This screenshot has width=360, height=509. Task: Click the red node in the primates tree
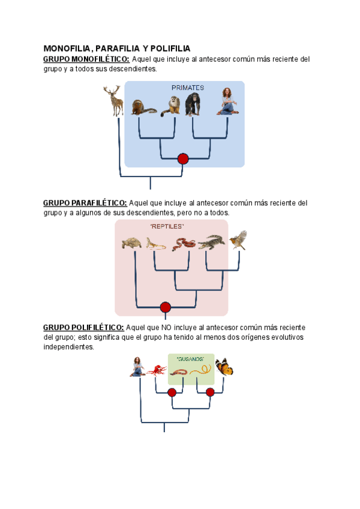pos(183,159)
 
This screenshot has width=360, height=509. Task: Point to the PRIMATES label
pos(187,88)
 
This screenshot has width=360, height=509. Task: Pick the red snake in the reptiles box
pos(183,243)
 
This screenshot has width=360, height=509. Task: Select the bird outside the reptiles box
pos(239,239)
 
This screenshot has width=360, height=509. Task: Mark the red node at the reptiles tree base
pos(166,307)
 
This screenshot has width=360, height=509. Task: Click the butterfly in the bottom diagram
pos(224,367)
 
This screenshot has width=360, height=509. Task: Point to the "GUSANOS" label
pos(191,359)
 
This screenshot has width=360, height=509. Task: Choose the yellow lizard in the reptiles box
pos(155,244)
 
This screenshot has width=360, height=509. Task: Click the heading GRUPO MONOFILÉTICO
pos(86,59)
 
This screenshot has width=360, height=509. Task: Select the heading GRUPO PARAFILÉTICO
pos(85,203)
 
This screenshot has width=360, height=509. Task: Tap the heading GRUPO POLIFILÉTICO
pos(83,327)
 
